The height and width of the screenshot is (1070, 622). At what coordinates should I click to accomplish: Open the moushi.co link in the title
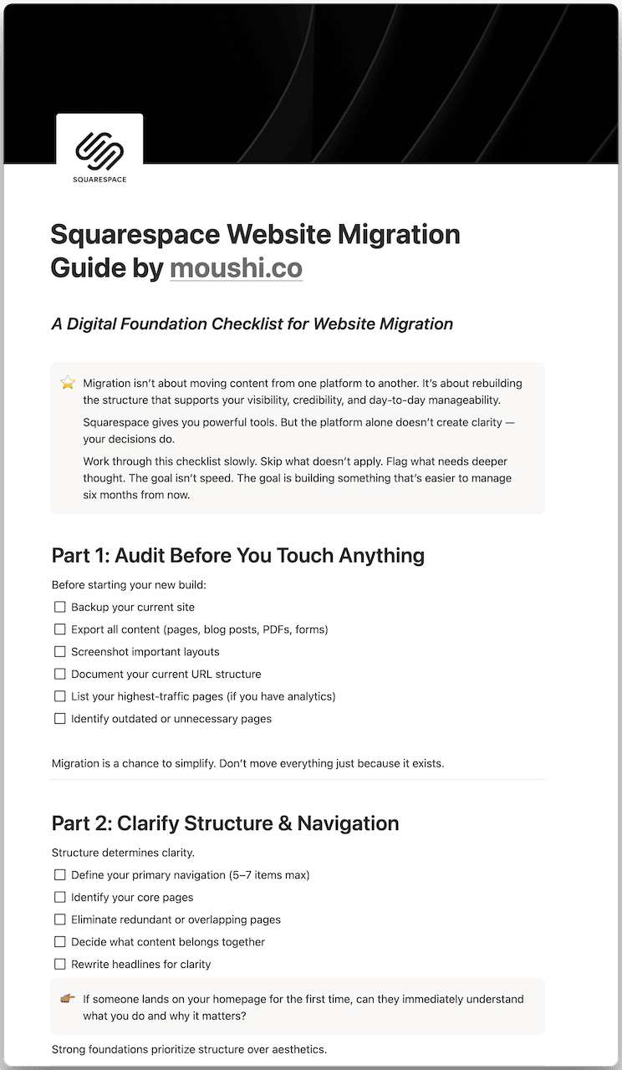[x=236, y=268]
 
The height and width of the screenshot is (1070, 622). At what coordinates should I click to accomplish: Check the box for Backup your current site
[x=59, y=607]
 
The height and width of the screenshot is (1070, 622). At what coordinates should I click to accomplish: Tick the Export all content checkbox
[x=59, y=629]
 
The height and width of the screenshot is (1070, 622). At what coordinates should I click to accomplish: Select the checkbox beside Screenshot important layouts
[x=59, y=651]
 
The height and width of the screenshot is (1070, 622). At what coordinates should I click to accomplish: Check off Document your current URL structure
[x=59, y=674]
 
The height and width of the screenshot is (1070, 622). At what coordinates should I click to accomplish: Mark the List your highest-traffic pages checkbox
[x=59, y=695]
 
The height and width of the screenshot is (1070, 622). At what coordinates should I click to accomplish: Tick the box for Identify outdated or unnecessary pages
[x=59, y=718]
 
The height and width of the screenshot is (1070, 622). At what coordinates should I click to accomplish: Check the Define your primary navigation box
[x=59, y=875]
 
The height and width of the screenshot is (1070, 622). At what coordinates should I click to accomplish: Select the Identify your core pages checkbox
[x=59, y=897]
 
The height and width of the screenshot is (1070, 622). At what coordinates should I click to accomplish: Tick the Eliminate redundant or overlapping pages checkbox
[x=59, y=920]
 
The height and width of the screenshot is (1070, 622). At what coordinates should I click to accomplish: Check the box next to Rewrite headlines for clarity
[x=59, y=964]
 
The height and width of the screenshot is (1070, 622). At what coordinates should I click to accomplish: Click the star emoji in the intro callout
[x=68, y=383]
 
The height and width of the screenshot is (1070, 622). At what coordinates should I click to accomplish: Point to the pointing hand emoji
[x=68, y=999]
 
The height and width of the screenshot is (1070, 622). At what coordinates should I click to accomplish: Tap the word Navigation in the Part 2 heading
[x=349, y=823]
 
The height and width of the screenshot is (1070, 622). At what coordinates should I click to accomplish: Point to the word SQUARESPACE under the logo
[x=99, y=179]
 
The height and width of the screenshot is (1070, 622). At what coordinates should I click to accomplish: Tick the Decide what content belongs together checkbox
[x=59, y=941]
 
